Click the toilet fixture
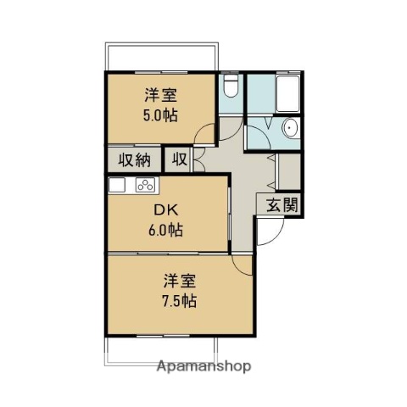point(231,88)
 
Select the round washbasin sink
point(291,130)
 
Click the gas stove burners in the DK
point(143,186)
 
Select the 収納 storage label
point(133,159)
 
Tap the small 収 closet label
point(179,159)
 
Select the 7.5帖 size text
point(181,301)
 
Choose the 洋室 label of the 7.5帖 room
point(181,281)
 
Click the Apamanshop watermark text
point(203,367)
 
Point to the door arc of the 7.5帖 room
point(243,265)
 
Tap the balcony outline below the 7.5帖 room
point(160,350)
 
